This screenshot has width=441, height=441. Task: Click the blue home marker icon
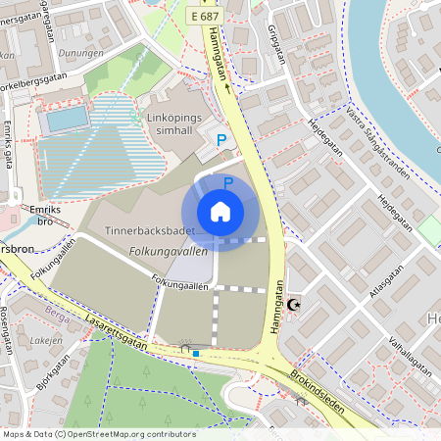tap(220, 211)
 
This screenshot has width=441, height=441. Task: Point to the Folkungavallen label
tap(169, 252)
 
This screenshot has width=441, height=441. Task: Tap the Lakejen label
tap(45, 339)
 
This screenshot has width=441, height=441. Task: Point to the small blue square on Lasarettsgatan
tap(196, 353)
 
